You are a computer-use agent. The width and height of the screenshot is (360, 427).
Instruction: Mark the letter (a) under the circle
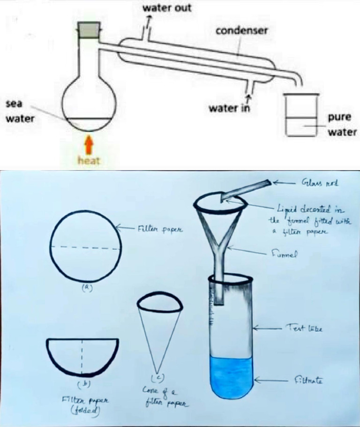[x=86, y=288]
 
